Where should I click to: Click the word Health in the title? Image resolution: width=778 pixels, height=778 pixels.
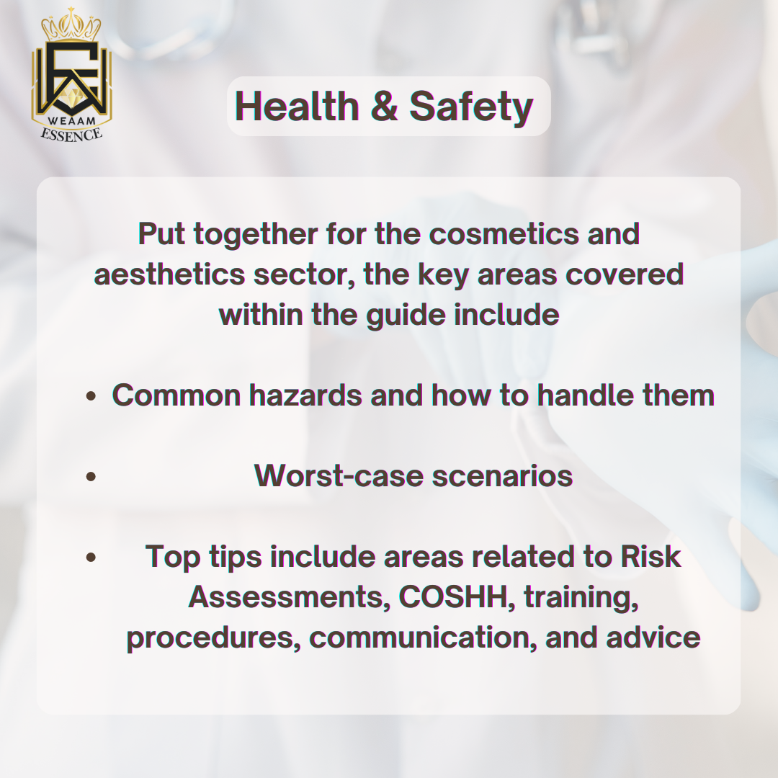click(x=297, y=106)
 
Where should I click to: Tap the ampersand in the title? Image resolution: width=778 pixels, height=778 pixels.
click(x=384, y=106)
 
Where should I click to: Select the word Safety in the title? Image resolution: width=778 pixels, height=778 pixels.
click(x=471, y=107)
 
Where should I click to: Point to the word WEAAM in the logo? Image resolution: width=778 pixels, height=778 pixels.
click(x=72, y=120)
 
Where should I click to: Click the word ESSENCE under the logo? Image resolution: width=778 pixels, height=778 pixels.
click(x=71, y=135)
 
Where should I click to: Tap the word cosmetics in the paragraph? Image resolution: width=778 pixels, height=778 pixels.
click(x=504, y=233)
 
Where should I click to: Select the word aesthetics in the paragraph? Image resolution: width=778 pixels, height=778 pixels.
click(x=169, y=274)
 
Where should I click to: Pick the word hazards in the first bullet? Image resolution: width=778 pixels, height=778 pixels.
click(x=305, y=395)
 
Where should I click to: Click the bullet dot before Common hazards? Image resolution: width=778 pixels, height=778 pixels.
click(x=91, y=395)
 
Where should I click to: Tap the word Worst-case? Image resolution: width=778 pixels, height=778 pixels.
click(x=339, y=476)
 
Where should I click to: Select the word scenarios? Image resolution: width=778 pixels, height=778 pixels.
click(x=502, y=476)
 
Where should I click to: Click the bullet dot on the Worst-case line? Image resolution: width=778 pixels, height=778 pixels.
click(x=91, y=476)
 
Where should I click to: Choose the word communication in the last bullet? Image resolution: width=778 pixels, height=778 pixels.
click(x=424, y=638)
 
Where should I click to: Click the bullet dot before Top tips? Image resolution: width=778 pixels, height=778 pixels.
click(x=91, y=557)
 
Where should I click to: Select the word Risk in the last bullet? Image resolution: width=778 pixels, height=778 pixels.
click(x=650, y=557)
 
